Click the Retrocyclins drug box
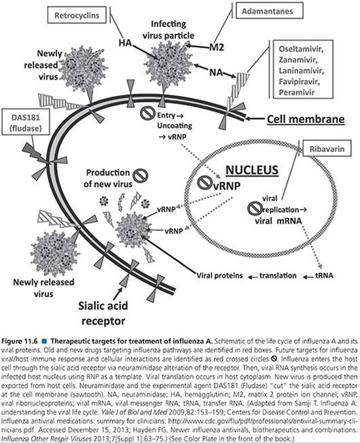[x=77, y=15]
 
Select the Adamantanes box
[x=270, y=11]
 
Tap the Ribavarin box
[x=327, y=148]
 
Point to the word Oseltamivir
[x=301, y=49]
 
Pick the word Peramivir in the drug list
[x=297, y=92]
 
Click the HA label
[x=125, y=43]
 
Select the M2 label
[x=217, y=47]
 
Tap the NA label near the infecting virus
[x=216, y=72]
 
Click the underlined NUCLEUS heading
[x=252, y=170]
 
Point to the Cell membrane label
[x=306, y=119]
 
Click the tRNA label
[x=324, y=275]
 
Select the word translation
[x=278, y=276]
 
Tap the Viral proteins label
[x=220, y=276]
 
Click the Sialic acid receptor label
[x=103, y=313]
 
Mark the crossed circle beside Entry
[x=147, y=113]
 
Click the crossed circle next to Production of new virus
[x=140, y=176]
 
